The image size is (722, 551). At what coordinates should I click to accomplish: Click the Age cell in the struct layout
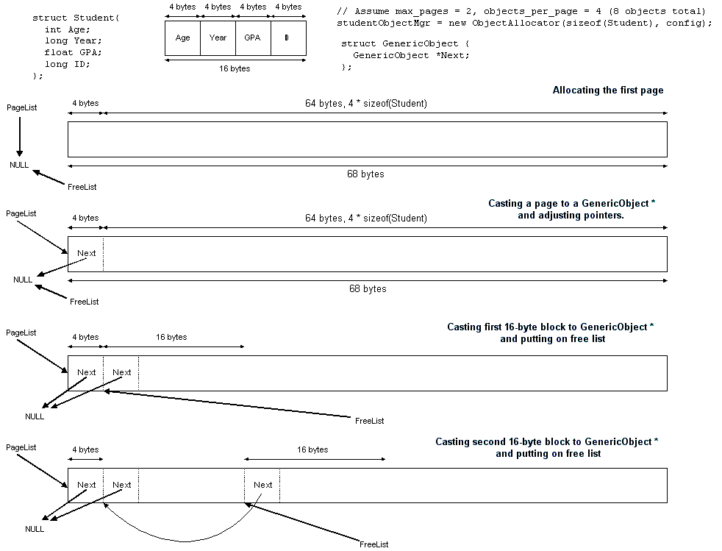pos(182,38)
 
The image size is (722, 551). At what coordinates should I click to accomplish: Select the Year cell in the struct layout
pos(218,38)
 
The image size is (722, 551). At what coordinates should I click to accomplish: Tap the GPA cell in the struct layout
pos(253,38)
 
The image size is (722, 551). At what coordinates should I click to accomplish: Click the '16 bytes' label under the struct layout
pos(235,68)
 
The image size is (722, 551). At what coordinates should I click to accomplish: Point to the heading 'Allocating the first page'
pos(607,90)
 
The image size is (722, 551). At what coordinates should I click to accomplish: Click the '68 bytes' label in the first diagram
pos(365,174)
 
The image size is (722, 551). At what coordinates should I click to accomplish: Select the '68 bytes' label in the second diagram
pos(368,289)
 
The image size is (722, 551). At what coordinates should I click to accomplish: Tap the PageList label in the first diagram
pos(21,107)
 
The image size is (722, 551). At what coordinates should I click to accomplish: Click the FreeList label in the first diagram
pos(82,187)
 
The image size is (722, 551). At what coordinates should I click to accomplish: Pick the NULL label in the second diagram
pos(23,280)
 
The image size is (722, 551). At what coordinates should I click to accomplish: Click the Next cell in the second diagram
pos(87,253)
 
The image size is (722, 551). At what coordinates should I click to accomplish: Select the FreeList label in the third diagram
pos(369,421)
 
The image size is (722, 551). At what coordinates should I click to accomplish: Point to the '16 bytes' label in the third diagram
pos(171,337)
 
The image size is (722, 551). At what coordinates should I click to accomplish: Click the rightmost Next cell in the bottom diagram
pos(262,485)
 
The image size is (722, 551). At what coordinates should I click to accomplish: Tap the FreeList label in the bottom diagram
pos(373,544)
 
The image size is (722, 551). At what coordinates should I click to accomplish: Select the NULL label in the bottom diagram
pos(35,529)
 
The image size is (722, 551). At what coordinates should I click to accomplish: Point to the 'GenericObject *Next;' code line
pos(411,55)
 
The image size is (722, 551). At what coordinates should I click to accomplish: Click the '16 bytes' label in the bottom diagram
pos(312,449)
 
